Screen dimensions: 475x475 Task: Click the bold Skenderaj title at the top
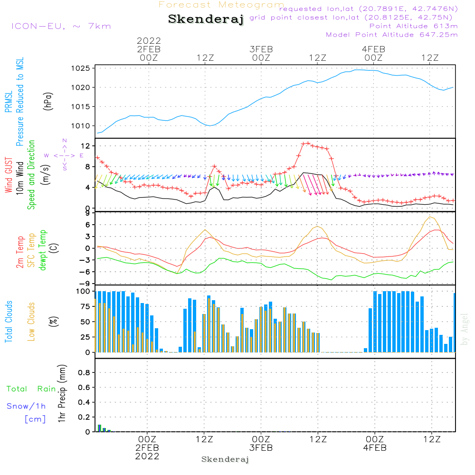tap(206, 19)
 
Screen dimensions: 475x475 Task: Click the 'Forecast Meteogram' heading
tap(221, 5)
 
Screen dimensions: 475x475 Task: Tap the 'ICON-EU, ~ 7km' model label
tap(61, 26)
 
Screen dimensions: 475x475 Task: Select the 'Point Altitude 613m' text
tap(413, 26)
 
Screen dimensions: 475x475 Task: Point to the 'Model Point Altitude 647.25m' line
tap(392, 35)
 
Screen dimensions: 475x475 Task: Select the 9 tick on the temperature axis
tap(87, 213)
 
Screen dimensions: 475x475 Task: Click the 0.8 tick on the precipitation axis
tap(84, 373)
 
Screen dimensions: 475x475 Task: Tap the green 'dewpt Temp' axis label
tap(43, 250)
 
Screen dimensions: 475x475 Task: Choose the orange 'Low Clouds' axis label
tap(32, 321)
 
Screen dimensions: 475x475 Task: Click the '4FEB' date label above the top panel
tap(373, 49)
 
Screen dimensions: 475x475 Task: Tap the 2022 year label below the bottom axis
tap(147, 456)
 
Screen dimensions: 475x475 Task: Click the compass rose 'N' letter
tap(65, 141)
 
